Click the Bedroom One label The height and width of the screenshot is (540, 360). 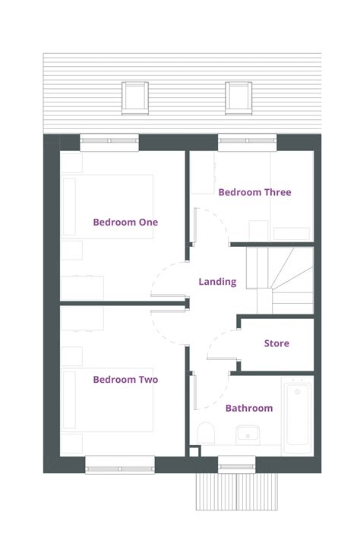(x=125, y=223)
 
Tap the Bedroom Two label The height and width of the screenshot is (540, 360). (x=125, y=380)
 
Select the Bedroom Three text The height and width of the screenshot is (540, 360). (x=254, y=193)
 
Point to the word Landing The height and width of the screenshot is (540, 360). (x=217, y=282)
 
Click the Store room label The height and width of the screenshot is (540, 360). (x=276, y=343)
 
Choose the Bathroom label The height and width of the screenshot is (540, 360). (x=248, y=409)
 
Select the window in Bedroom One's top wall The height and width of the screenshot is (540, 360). (x=109, y=141)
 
